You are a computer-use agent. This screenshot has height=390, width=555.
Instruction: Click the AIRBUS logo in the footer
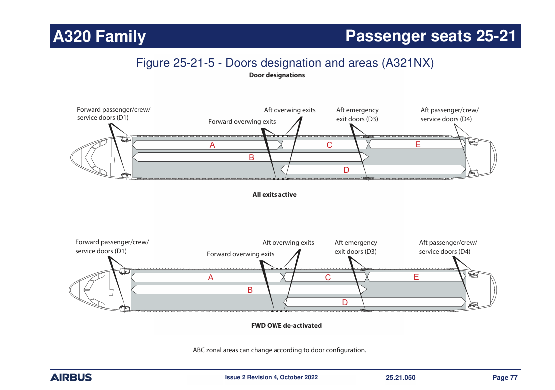71,377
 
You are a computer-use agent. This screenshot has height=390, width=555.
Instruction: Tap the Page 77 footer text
505,377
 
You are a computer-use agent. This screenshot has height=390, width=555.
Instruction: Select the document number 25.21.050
400,377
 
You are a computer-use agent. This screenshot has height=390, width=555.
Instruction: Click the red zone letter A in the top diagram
212,145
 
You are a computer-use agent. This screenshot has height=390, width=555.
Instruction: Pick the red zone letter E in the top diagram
418,145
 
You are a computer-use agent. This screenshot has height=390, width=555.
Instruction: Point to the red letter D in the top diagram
346,170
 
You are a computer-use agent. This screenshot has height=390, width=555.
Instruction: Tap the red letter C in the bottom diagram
328,278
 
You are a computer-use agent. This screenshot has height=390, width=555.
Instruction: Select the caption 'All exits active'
274,195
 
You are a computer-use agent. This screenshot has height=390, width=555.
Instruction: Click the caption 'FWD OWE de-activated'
286,325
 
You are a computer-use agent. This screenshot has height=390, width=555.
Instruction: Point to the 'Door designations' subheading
277,75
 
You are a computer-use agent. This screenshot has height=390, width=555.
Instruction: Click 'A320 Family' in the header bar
100,36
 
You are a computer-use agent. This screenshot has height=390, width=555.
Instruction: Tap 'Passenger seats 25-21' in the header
430,36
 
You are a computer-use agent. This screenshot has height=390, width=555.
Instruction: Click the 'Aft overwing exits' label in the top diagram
289,110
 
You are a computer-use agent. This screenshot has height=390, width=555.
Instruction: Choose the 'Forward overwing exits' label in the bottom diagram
240,254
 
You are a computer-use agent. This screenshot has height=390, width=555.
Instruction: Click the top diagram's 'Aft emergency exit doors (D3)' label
357,114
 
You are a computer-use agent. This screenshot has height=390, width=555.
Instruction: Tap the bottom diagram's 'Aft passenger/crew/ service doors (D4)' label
448,247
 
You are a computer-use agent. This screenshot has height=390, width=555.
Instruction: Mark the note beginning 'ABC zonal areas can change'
279,350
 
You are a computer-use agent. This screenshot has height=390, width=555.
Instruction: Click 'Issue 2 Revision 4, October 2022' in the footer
271,377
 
